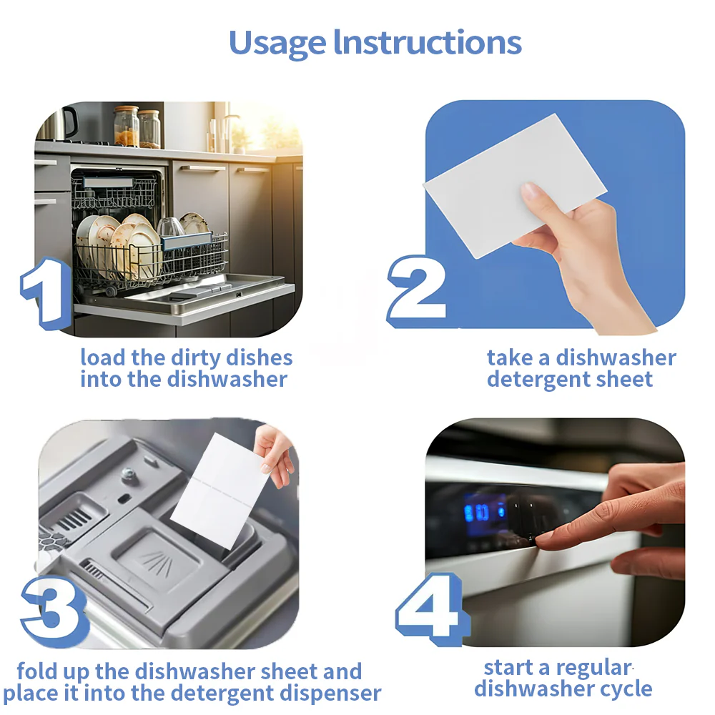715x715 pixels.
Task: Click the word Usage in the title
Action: (x=277, y=44)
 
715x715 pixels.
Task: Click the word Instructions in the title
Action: (x=428, y=42)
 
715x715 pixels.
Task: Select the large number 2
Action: (x=417, y=288)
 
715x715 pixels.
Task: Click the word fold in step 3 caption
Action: (x=36, y=671)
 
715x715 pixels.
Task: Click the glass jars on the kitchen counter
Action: (x=138, y=127)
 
